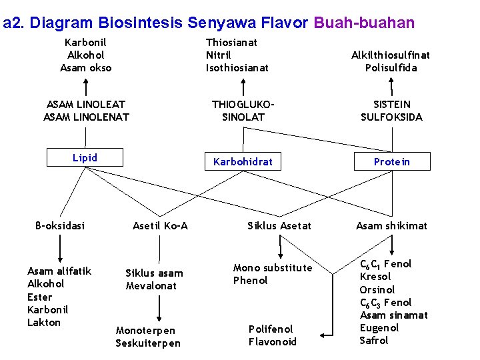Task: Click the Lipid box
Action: (85, 158)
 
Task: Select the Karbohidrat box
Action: (243, 161)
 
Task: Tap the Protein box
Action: (391, 162)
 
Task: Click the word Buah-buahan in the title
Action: (364, 23)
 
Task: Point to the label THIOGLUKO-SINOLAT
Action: (243, 111)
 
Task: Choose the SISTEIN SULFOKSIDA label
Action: (391, 111)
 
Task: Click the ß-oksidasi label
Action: (60, 225)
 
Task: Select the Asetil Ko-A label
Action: (160, 226)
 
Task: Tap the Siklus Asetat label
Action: (279, 226)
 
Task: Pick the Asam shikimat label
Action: (391, 226)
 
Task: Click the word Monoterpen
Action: (145, 331)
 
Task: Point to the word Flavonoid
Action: (272, 342)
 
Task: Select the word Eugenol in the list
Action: (379, 328)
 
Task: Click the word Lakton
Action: (44, 323)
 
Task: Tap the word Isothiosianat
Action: (237, 67)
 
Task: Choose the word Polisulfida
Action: (390, 68)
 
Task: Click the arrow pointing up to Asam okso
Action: (85, 87)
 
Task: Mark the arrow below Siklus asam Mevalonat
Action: (159, 307)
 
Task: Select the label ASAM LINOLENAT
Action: (86, 117)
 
